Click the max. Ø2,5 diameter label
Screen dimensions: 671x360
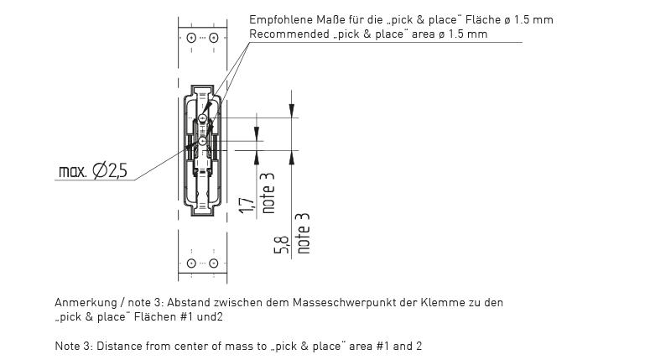(x=93, y=171)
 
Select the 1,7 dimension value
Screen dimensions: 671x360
(x=247, y=206)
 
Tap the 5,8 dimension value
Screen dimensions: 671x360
(x=282, y=244)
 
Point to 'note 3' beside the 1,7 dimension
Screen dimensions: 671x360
(x=268, y=193)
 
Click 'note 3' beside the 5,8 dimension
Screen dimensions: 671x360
(x=303, y=233)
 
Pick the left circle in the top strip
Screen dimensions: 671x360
(x=191, y=38)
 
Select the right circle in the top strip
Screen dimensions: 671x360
(x=214, y=38)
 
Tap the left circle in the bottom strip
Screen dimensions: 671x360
(x=191, y=263)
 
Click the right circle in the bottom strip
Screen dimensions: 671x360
(x=214, y=263)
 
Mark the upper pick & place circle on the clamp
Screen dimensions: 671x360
(x=202, y=117)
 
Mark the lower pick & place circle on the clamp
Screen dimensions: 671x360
(x=202, y=141)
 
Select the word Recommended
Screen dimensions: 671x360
(x=289, y=34)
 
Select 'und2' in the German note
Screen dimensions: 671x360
(x=210, y=316)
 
